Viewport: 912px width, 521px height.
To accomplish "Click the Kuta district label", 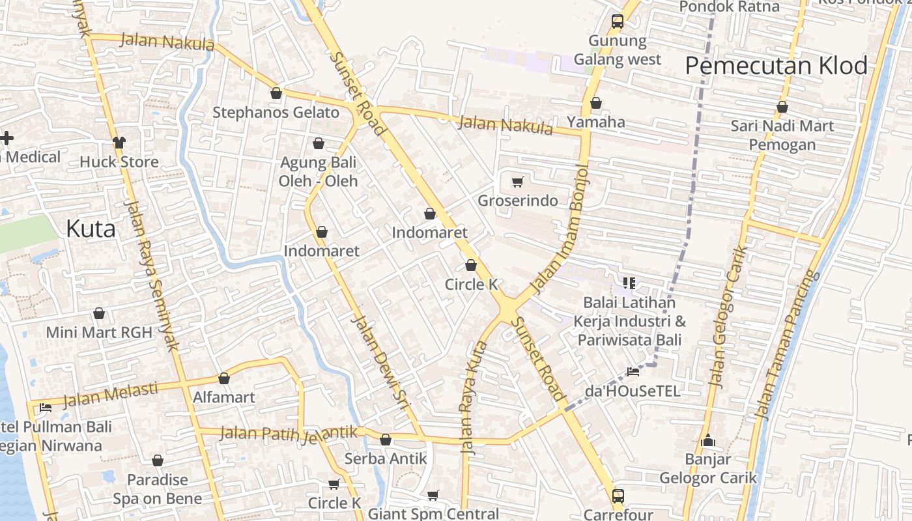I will coord(91,229).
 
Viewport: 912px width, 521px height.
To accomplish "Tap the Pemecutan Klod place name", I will coord(777,66).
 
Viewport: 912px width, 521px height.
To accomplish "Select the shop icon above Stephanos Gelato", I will coord(276,93).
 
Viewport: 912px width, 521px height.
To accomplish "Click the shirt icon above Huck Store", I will coord(119,142).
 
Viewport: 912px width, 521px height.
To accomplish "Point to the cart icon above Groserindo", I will coord(517,182).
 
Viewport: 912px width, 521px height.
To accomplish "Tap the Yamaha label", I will coord(595,122).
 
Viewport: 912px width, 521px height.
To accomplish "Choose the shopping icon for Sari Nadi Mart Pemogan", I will coord(782,107).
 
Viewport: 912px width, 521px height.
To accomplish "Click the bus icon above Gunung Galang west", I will coord(618,21).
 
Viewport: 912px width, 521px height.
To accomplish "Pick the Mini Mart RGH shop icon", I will coord(99,313).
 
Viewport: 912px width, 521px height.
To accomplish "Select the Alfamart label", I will coord(224,397).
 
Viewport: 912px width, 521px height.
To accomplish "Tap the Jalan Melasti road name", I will coord(111,393).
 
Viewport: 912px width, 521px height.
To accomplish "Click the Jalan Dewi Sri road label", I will coord(380,361).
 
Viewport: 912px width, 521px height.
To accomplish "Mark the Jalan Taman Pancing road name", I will coord(785,345).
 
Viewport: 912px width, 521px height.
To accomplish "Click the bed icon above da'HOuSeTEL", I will coord(633,372).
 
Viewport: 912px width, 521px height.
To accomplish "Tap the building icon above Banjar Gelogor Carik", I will coord(708,441).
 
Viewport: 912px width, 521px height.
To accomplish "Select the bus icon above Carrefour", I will coord(618,496).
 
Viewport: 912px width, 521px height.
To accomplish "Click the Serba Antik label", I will coord(386,458).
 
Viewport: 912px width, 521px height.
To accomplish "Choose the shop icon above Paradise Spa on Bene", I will coord(158,460).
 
